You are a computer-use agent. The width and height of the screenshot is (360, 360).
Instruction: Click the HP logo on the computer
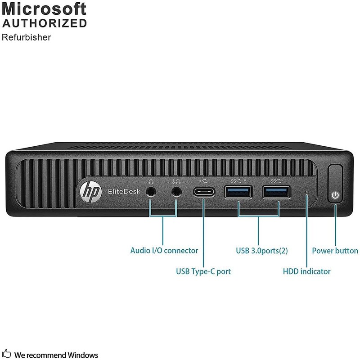click(x=86, y=191)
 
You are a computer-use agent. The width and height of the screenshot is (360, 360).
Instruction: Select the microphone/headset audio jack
click(x=176, y=192)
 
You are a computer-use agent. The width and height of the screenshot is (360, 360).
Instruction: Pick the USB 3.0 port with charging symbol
click(x=238, y=192)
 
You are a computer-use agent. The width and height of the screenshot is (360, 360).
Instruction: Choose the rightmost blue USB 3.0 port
click(x=277, y=192)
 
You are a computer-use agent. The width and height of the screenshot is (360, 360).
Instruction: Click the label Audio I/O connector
click(x=164, y=251)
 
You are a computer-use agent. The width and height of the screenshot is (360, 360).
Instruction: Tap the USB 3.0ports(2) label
click(x=261, y=251)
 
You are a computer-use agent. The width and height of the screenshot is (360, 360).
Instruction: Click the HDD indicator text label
click(x=306, y=271)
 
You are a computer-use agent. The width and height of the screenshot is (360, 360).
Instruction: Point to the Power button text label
click(x=335, y=251)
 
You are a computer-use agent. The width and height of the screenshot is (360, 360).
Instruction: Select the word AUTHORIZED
click(x=44, y=23)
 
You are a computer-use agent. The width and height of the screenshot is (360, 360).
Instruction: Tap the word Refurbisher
click(x=26, y=37)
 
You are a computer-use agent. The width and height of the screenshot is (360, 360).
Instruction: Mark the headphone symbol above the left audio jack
click(x=151, y=181)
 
